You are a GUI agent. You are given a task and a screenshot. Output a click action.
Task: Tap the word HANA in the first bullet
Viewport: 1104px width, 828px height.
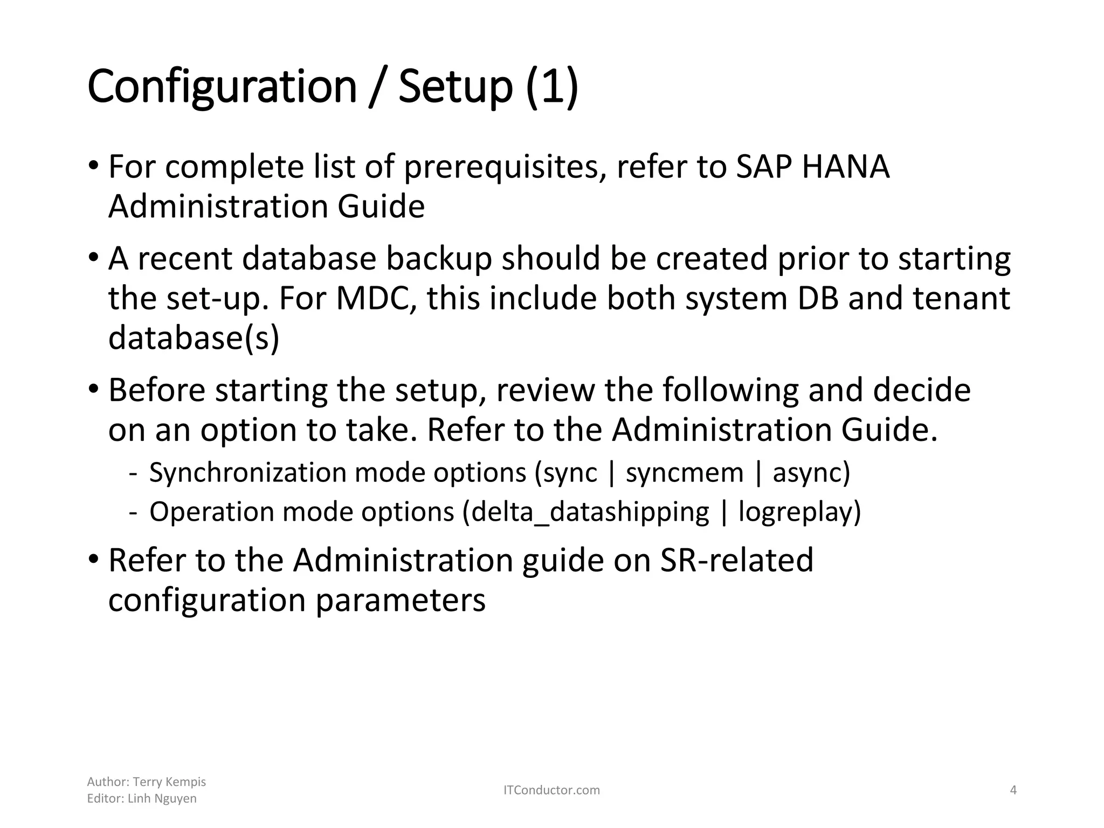(x=845, y=167)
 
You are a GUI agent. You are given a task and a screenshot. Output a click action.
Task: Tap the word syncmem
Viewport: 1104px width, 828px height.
(x=684, y=473)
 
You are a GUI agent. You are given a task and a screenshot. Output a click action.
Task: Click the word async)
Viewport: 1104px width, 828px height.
(x=811, y=473)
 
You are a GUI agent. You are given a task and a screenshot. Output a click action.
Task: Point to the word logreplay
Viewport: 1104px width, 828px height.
(x=799, y=512)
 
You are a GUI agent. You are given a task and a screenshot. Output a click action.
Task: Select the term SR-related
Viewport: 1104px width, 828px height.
(x=736, y=560)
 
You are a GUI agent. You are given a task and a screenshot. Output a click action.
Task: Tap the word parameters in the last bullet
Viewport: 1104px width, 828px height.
(x=400, y=600)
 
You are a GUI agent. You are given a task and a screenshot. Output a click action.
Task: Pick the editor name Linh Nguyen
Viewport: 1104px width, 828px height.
(x=162, y=798)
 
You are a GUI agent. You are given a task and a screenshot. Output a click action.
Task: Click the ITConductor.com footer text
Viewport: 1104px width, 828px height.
(x=551, y=790)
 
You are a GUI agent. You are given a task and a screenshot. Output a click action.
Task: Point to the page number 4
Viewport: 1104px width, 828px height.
(x=1013, y=790)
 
